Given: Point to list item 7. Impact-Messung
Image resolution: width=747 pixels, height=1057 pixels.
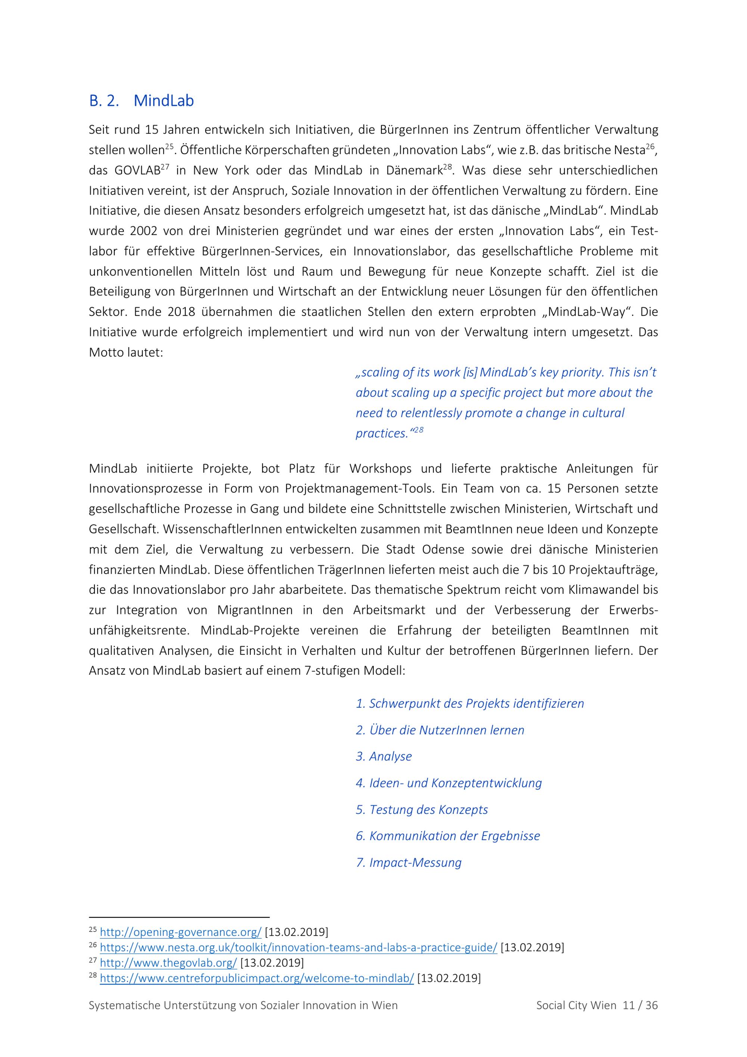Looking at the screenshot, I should coord(408,862).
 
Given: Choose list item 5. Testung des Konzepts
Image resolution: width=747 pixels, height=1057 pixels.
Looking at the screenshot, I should coord(422,809).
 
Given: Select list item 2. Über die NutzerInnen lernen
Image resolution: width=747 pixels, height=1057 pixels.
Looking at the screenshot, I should coord(440,730).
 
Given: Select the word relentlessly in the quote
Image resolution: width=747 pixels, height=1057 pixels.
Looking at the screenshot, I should coord(431,413).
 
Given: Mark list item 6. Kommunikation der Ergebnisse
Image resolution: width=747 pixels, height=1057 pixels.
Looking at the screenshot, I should coord(448,836).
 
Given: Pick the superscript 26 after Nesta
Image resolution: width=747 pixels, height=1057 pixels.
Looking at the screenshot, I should coord(650,147).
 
